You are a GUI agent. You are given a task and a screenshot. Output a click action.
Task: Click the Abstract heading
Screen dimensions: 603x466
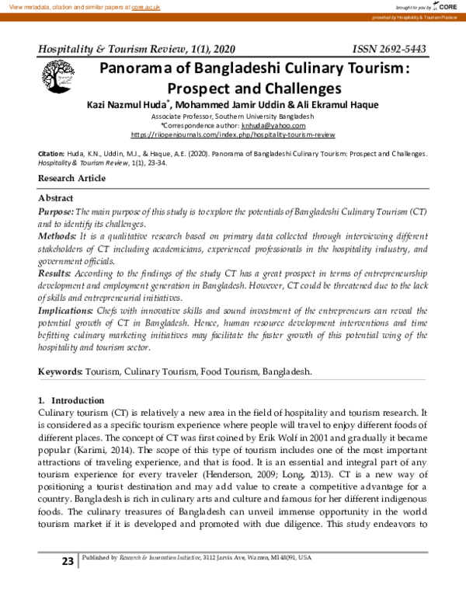click(x=56, y=199)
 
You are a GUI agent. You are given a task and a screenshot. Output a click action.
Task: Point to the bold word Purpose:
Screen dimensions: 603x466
click(x=56, y=212)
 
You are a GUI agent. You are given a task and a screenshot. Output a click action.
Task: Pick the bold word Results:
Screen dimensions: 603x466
click(x=56, y=274)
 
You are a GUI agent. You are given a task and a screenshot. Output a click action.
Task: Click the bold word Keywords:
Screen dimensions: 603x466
click(x=61, y=372)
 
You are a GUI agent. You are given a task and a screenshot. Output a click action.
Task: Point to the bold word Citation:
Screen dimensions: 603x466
click(x=52, y=154)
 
